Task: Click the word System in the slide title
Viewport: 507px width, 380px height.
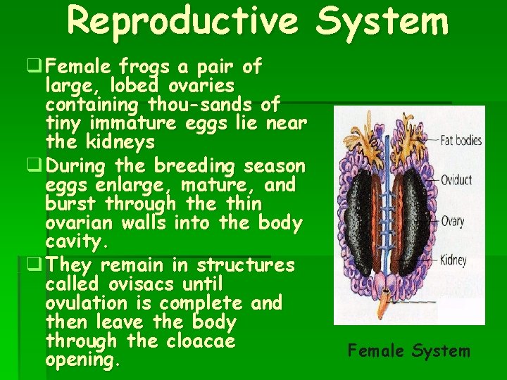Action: tap(381, 21)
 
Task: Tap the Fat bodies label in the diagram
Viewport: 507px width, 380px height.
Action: tap(461, 141)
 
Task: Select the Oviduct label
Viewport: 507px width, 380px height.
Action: tap(456, 180)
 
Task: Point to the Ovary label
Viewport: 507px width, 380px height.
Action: tap(452, 222)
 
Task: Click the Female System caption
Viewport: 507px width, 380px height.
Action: tap(409, 350)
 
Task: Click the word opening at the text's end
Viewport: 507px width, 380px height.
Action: tap(82, 360)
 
